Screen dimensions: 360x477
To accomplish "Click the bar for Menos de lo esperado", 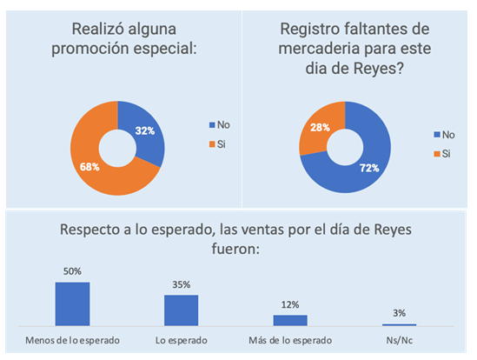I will tap(72, 302).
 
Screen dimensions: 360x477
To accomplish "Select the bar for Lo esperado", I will tap(181, 309).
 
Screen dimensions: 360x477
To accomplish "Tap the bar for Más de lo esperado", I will tap(290, 319).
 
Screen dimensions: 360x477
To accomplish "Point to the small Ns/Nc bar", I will tap(399, 324).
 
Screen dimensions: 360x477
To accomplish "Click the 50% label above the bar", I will tap(72, 271).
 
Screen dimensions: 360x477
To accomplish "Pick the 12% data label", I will tap(290, 304).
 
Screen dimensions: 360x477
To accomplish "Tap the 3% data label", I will tap(399, 313).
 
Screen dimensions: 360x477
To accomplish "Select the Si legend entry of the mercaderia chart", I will tap(443, 153).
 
